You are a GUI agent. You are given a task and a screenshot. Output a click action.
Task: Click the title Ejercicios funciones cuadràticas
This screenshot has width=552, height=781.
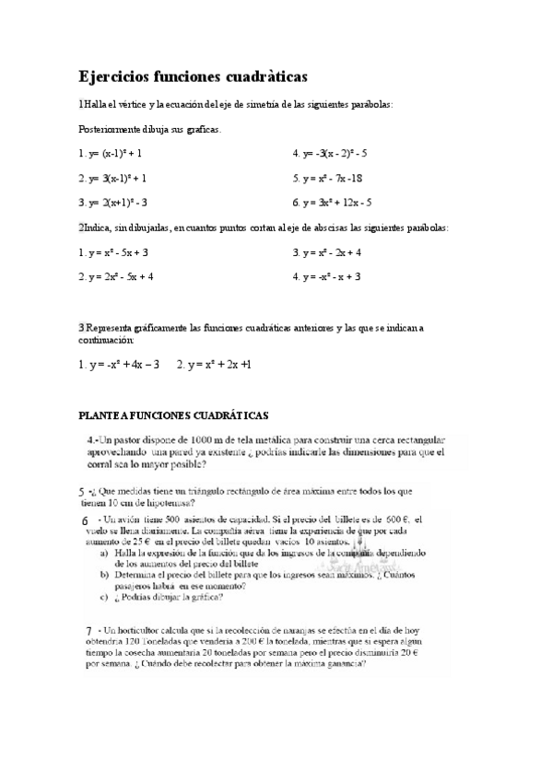(193, 76)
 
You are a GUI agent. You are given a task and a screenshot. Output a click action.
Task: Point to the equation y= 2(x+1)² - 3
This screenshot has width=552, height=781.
(117, 203)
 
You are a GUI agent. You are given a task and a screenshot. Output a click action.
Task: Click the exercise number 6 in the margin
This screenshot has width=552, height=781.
(84, 520)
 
